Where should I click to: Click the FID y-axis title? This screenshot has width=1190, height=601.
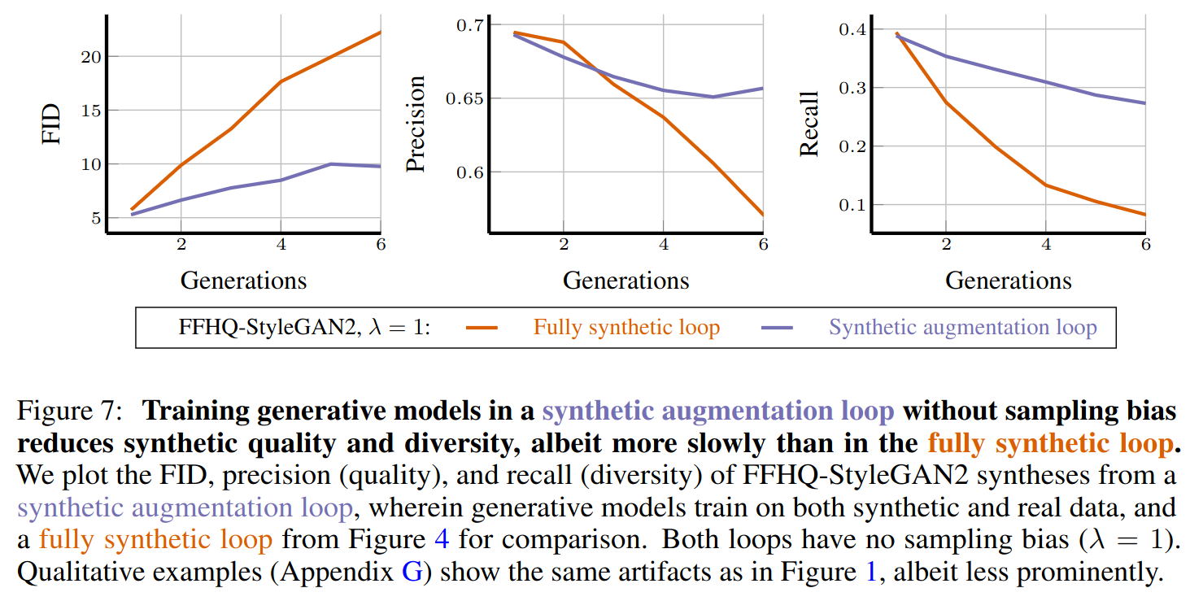tap(52, 124)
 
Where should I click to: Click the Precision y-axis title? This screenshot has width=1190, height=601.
tap(416, 124)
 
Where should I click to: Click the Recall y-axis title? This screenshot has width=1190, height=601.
tap(809, 124)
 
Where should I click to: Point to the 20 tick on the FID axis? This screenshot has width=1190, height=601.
tap(89, 57)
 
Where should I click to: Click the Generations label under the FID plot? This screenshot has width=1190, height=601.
tap(243, 281)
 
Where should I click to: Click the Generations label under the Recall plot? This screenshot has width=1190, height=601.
tap(1008, 281)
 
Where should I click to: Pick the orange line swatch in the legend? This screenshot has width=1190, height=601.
tap(482, 328)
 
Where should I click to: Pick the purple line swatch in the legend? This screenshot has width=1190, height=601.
tap(777, 328)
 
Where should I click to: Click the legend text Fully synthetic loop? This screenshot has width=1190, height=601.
tap(626, 328)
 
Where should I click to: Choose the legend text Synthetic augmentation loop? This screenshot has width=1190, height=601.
tap(962, 328)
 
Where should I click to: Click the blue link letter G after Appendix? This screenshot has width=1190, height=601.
tap(411, 573)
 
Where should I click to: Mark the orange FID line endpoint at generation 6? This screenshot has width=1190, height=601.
tap(380, 32)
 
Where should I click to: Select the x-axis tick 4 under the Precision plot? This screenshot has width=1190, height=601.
tap(663, 244)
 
